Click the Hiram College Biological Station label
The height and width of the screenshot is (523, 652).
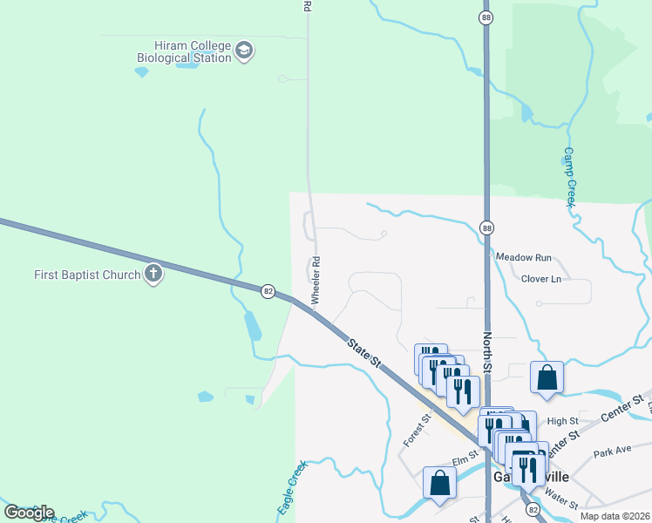pos(184,51)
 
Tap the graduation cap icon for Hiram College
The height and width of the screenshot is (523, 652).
pos(245,51)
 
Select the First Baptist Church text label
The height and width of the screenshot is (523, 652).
pos(87,275)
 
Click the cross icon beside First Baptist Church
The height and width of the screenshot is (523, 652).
pos(153,275)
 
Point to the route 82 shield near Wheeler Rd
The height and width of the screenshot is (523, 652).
pos(268,290)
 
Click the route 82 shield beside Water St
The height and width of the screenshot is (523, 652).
pos(533,508)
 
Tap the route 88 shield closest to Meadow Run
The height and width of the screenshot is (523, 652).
pos(486,228)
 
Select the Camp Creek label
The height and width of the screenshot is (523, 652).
pos(569,177)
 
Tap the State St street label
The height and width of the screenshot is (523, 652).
pos(364,353)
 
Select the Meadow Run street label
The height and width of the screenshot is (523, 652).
pos(524,258)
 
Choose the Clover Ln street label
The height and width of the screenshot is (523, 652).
pos(540,279)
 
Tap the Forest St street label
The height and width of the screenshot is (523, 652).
pos(418,431)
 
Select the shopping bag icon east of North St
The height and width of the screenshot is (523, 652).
pos(547,377)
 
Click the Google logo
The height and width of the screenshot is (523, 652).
pos(29,513)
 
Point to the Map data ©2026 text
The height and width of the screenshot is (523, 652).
pos(614,516)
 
